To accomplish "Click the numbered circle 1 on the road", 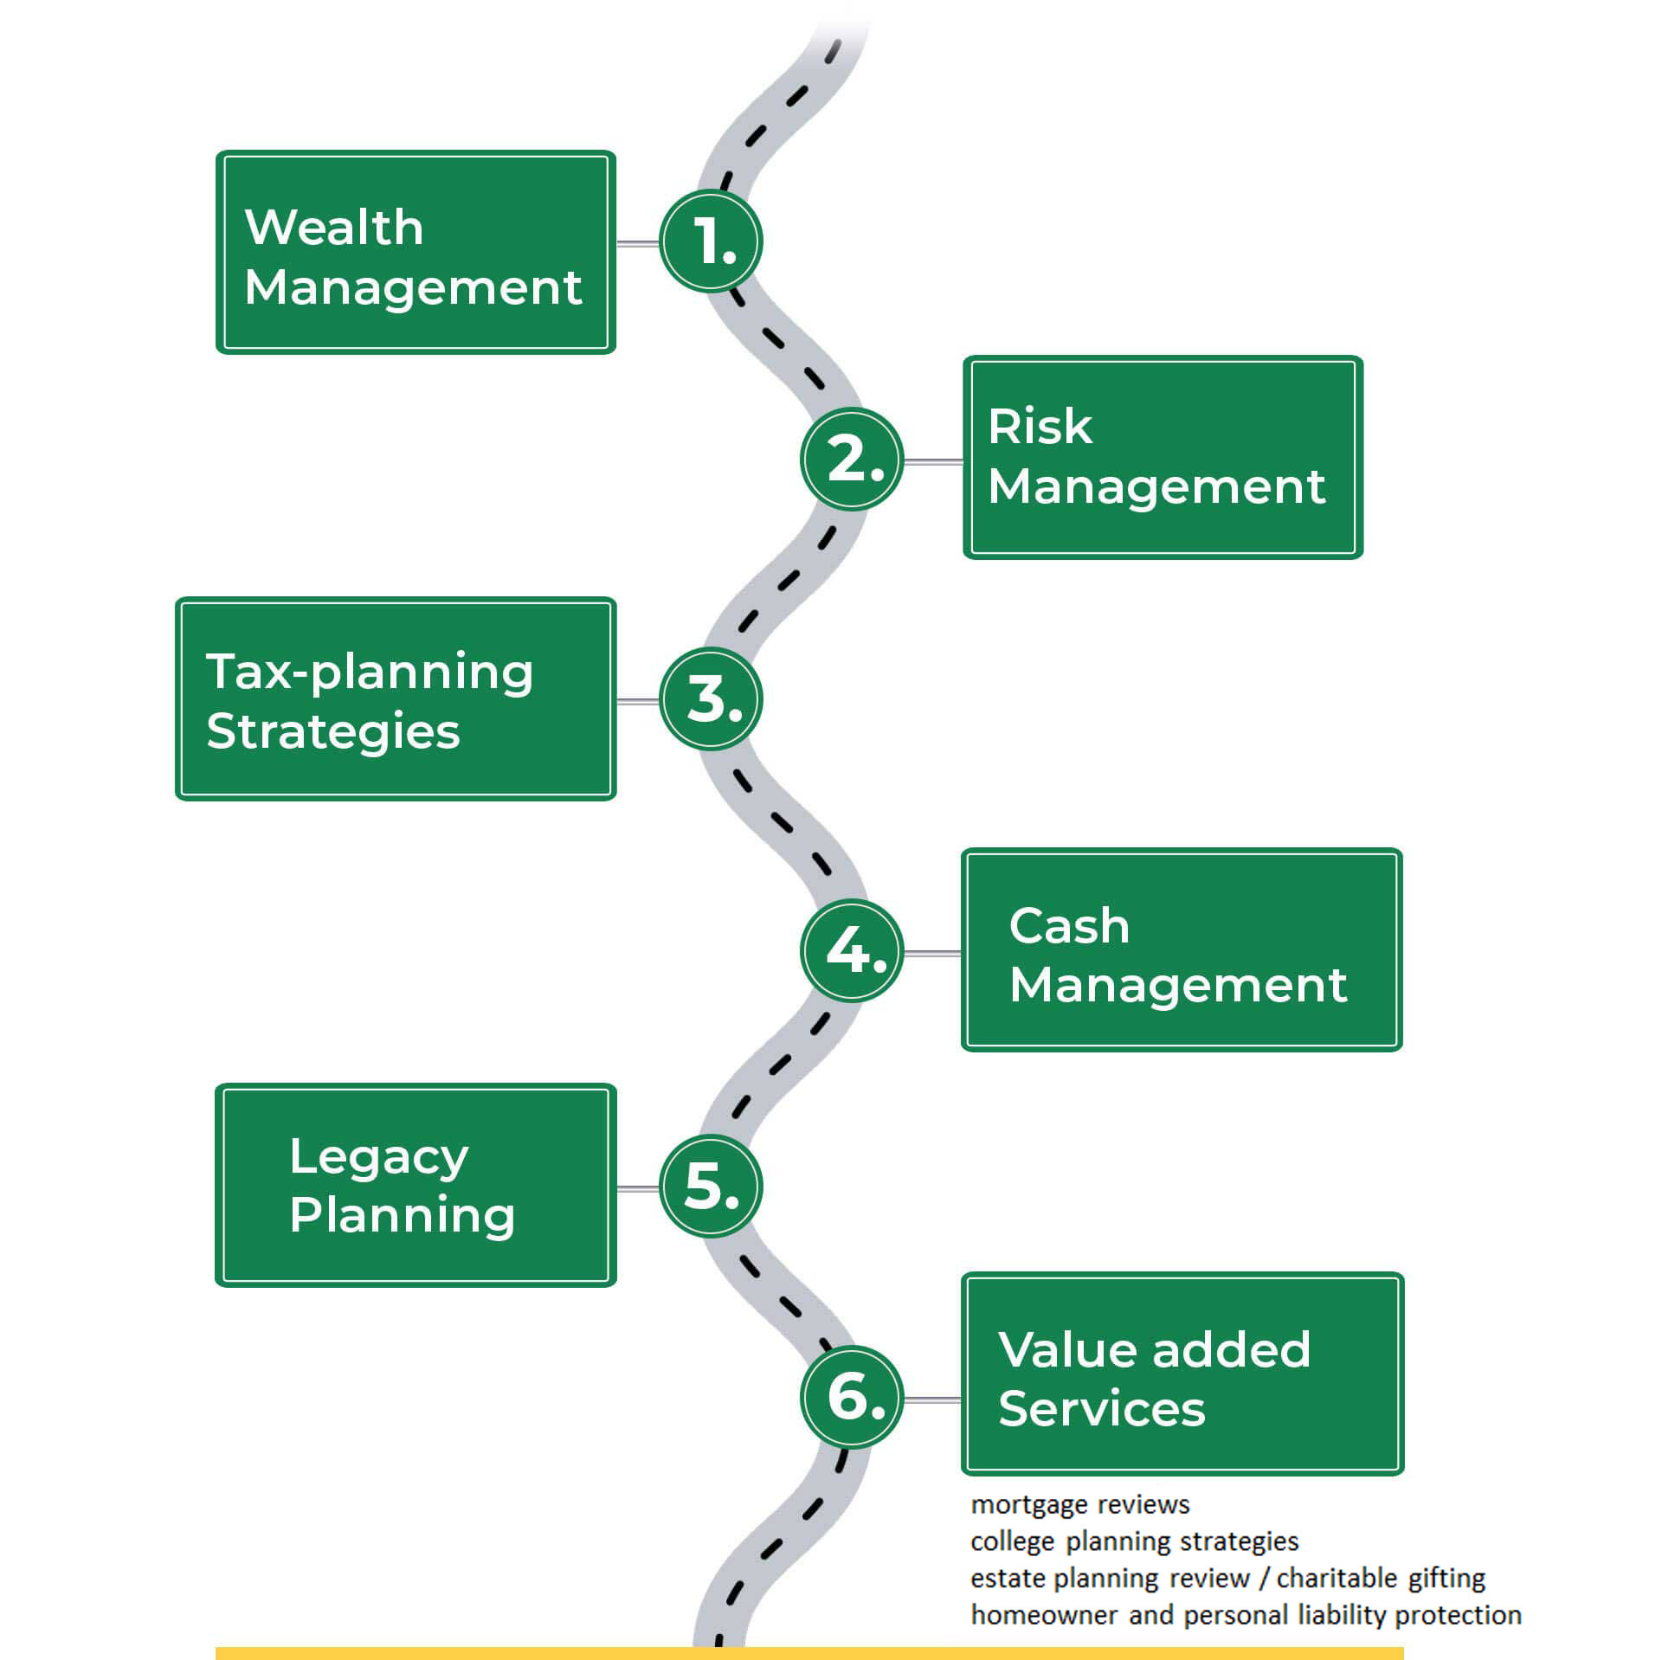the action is click(711, 241).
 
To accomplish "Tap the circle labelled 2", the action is click(852, 459).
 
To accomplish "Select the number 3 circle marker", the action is click(711, 699).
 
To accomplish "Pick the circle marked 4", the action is click(852, 951).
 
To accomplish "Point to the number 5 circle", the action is click(711, 1186).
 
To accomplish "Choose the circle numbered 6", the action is click(852, 1397).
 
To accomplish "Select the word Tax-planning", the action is click(370, 673).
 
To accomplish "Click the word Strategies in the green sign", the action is click(333, 732).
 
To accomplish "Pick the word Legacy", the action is click(379, 1158).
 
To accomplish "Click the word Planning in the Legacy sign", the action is click(403, 1216).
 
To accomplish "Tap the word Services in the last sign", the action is click(1102, 1408).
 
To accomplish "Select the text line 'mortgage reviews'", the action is click(1080, 1505).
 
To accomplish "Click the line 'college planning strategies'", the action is click(1135, 1541).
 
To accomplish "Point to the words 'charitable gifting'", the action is click(1382, 1579).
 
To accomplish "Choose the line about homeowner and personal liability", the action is click(1246, 1615).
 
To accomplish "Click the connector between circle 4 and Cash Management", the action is click(932, 954).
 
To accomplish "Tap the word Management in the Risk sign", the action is click(1157, 486).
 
